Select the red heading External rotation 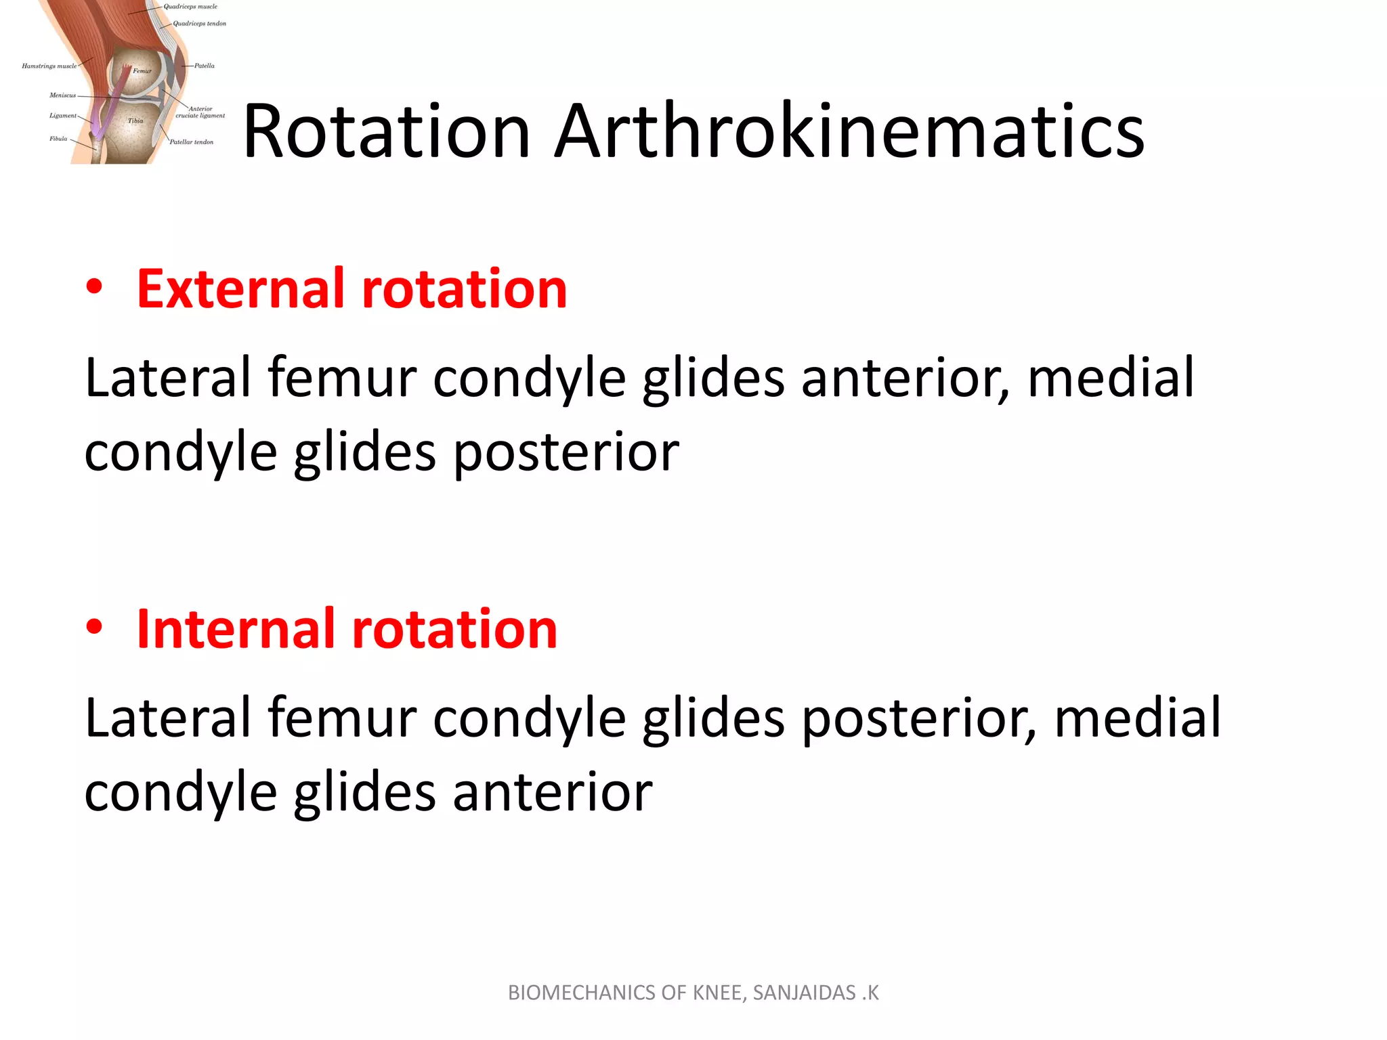pyautogui.click(x=351, y=289)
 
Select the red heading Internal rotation pyautogui.click(x=347, y=630)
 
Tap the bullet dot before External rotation pyautogui.click(x=94, y=288)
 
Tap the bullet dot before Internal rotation pyautogui.click(x=94, y=628)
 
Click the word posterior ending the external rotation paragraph pyautogui.click(x=566, y=452)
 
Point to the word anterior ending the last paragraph pyautogui.click(x=553, y=792)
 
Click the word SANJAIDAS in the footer pyautogui.click(x=804, y=993)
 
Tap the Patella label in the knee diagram pyautogui.click(x=204, y=66)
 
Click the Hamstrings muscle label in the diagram pyautogui.click(x=49, y=66)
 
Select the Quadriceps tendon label pyautogui.click(x=199, y=24)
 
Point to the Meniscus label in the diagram pyautogui.click(x=62, y=95)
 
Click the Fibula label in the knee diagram pyautogui.click(x=58, y=139)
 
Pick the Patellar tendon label pyautogui.click(x=191, y=142)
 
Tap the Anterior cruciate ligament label pyautogui.click(x=200, y=112)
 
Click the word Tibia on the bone pyautogui.click(x=135, y=121)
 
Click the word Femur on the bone pyautogui.click(x=142, y=70)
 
